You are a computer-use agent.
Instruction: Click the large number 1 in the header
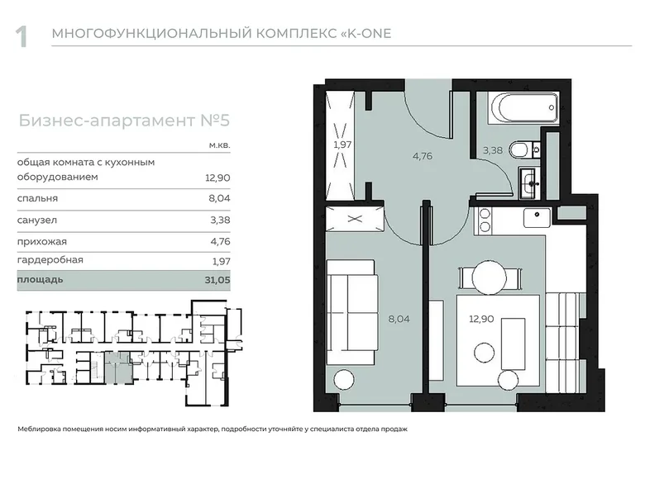[22, 36]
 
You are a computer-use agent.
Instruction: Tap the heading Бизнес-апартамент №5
[123, 121]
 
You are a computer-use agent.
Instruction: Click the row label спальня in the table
[37, 199]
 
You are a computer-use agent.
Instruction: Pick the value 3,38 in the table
[220, 221]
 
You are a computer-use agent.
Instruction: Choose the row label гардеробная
[50, 261]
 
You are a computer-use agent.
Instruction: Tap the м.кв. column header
[220, 145]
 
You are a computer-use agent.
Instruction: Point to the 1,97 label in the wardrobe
[342, 145]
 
